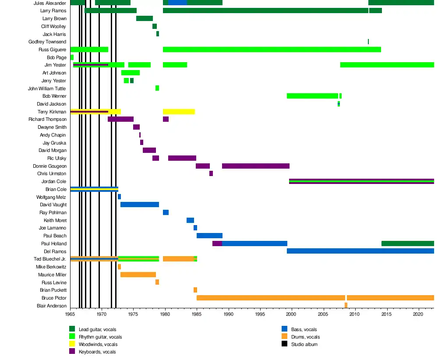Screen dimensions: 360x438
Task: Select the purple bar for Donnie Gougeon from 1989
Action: [x=255, y=166]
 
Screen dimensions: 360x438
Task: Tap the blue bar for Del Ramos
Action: [x=360, y=251]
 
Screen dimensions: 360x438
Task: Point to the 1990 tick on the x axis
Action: [x=228, y=314]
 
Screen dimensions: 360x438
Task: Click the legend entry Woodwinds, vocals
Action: [x=98, y=345]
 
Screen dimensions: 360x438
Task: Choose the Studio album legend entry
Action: [x=304, y=345]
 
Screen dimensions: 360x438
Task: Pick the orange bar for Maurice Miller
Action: [x=138, y=275]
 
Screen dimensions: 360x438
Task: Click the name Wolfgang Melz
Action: [x=51, y=197]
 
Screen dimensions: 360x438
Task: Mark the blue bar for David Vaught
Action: [x=139, y=205]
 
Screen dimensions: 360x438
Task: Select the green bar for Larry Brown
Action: [x=144, y=18]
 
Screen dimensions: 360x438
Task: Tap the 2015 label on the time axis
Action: [x=386, y=314]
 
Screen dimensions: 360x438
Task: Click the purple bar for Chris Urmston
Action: [x=211, y=173]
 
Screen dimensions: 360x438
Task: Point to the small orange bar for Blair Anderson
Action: [x=346, y=305]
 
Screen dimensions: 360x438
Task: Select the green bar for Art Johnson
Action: [x=130, y=73]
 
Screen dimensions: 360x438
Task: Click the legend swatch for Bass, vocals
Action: [x=284, y=329]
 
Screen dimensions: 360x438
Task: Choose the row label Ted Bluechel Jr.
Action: [x=50, y=259]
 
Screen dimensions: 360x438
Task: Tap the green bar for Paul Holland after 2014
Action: [x=407, y=244]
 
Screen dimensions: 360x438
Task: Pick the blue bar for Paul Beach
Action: [x=209, y=236]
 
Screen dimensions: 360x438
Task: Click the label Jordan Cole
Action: [x=54, y=181]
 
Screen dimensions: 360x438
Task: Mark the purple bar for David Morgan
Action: [x=149, y=150]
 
